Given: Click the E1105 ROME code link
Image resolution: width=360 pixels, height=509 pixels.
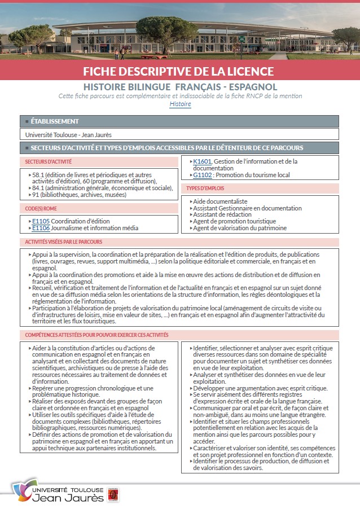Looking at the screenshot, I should pyautogui.click(x=41, y=221).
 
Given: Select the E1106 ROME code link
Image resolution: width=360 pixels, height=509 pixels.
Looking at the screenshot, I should pyautogui.click(x=41, y=228).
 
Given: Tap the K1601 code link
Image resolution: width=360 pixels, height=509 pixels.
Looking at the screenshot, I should pyautogui.click(x=202, y=161).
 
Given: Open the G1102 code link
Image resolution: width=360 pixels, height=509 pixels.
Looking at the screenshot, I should pyautogui.click(x=202, y=175).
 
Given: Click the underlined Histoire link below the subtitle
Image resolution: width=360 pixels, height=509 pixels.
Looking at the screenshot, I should pyautogui.click(x=180, y=104).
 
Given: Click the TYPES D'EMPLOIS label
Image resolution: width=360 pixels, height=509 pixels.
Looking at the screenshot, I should pyautogui.click(x=206, y=188).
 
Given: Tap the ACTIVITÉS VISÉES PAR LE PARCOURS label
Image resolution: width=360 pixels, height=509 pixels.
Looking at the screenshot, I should pyautogui.click(x=63, y=242).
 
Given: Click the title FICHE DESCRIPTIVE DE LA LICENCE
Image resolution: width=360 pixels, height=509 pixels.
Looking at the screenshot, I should pyautogui.click(x=178, y=71).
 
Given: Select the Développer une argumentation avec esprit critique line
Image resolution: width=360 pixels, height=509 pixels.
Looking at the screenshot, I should pyautogui.click(x=260, y=388).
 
